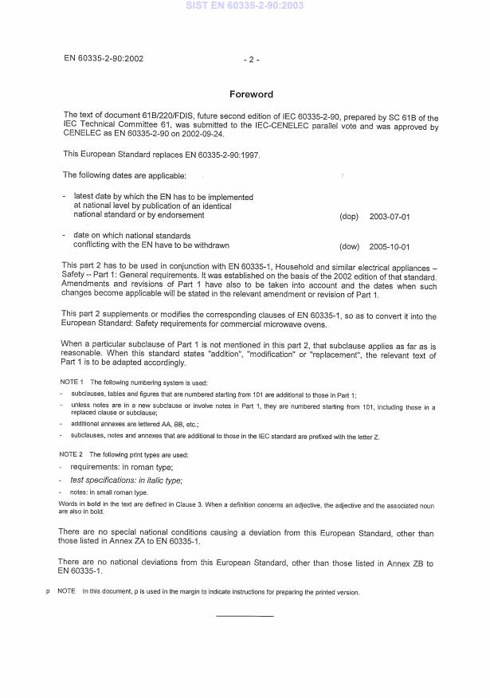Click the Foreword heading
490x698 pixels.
[x=251, y=94]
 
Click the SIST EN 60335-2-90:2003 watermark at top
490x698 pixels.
[x=245, y=6]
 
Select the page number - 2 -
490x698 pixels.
[x=251, y=59]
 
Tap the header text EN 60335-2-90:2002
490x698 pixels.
[x=104, y=58]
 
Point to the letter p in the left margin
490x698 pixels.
[x=49, y=592]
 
